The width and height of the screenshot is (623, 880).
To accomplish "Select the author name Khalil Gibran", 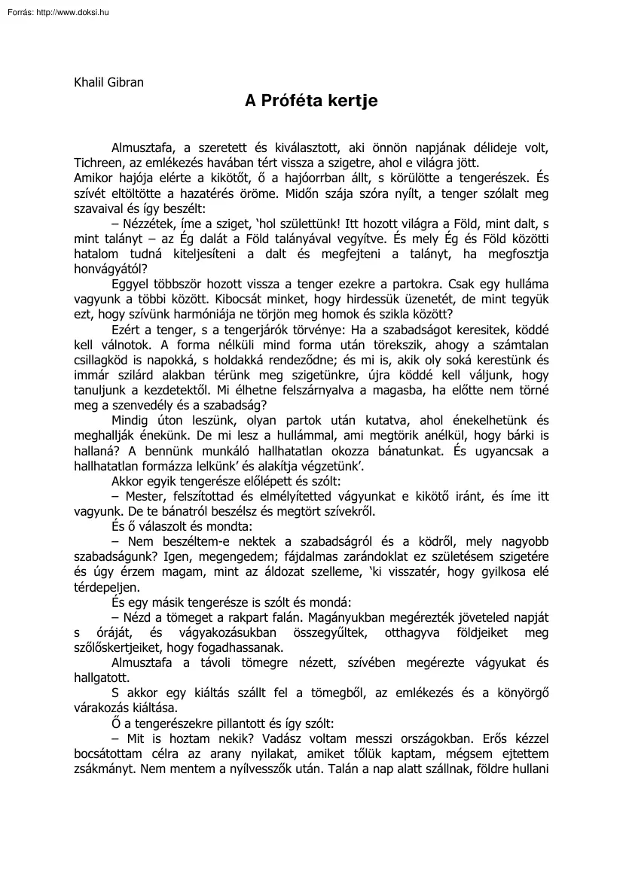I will pyautogui.click(x=108, y=82).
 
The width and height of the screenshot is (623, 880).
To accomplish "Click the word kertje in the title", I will pyautogui.click(x=351, y=100).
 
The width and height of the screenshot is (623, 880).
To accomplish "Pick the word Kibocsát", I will pyautogui.click(x=203, y=300).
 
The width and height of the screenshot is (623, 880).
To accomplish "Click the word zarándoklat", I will pyautogui.click(x=404, y=560).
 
